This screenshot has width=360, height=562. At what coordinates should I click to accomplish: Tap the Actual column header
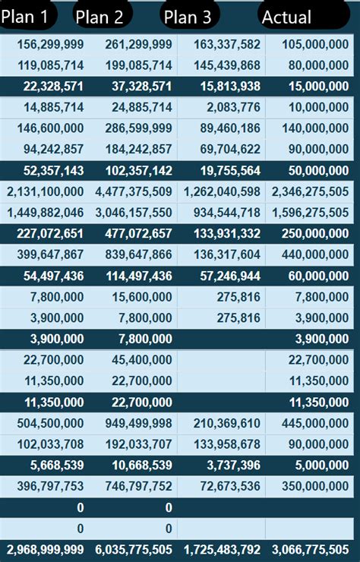286,16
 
